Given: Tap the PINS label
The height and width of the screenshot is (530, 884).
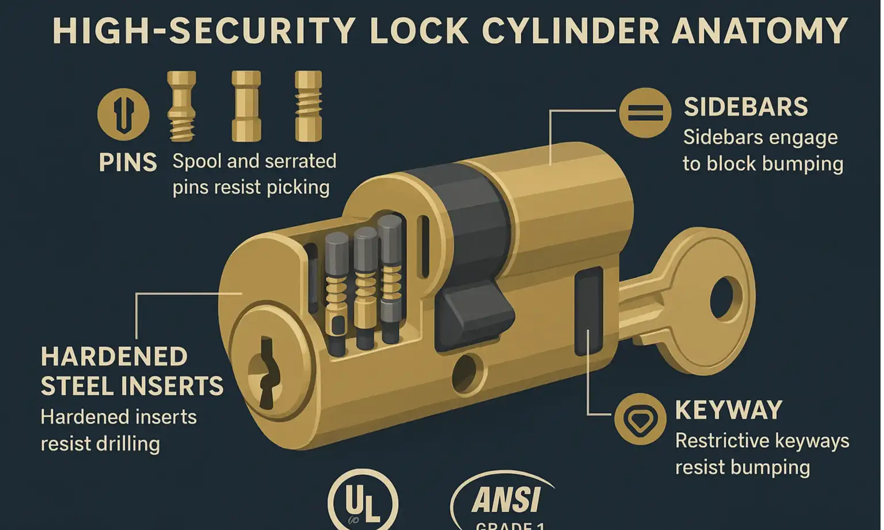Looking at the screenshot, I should click(x=128, y=163).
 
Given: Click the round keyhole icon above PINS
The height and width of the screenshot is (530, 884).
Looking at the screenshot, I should click(x=123, y=114).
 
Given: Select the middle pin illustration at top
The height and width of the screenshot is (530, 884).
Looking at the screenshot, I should click(x=246, y=106).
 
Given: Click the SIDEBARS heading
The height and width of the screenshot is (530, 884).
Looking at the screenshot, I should click(x=746, y=107).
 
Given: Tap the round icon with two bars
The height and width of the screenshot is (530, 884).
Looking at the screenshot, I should click(x=645, y=113).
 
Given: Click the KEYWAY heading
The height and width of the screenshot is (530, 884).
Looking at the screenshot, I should click(x=729, y=410).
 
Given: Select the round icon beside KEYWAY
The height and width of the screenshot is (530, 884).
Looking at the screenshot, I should click(x=640, y=419).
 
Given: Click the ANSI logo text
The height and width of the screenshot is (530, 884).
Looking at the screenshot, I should click(x=506, y=500).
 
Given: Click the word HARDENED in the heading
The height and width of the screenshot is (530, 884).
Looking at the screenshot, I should click(x=114, y=357).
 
